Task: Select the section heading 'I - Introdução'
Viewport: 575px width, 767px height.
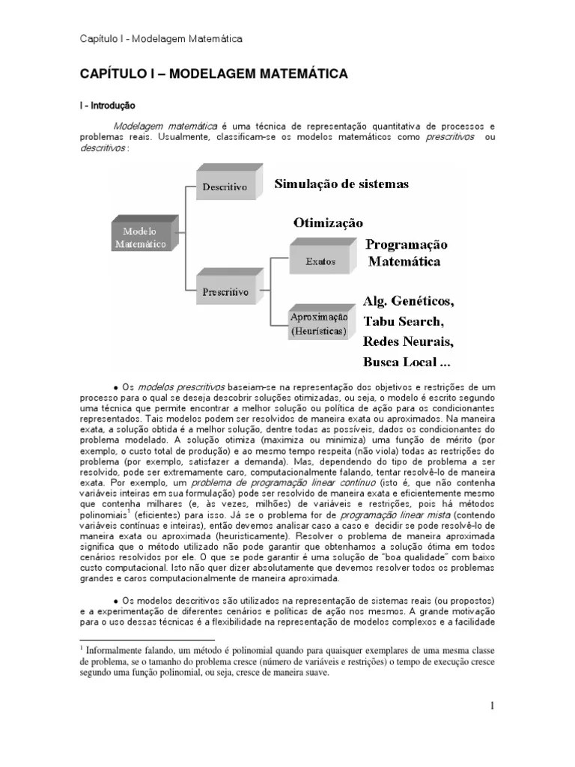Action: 108,106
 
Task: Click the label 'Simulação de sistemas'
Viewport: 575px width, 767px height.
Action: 341,184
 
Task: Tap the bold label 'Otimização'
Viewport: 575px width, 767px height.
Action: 328,222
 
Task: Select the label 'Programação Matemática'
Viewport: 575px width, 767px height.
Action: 405,253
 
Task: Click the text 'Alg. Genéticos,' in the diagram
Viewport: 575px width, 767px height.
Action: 408,301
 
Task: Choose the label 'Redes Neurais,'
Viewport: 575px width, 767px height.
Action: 408,342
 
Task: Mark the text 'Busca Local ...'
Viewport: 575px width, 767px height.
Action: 407,362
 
